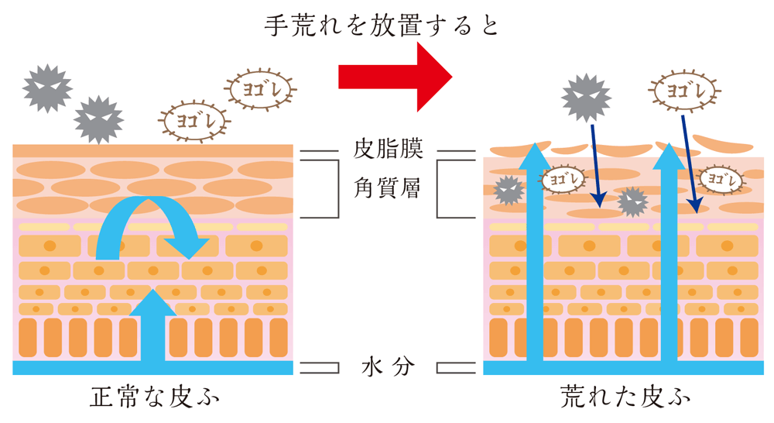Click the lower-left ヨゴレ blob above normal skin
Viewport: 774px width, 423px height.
(x=192, y=121)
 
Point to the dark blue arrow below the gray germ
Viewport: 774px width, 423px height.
(x=597, y=167)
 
